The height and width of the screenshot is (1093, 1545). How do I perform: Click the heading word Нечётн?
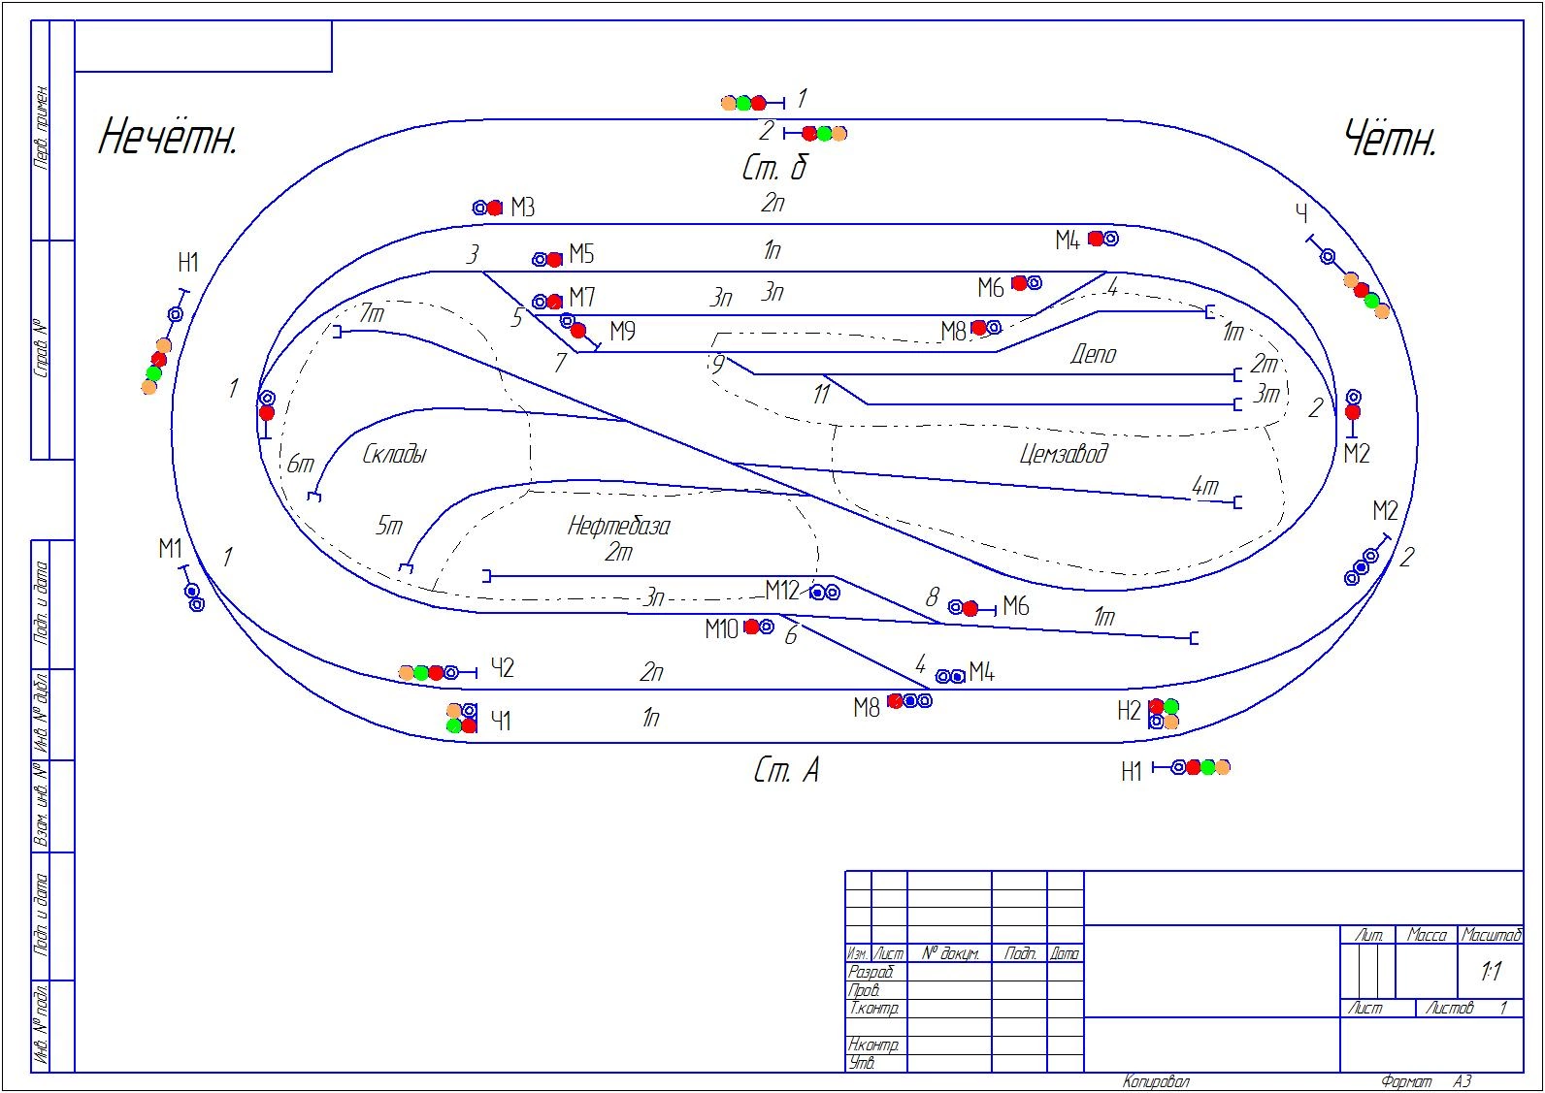[x=168, y=137]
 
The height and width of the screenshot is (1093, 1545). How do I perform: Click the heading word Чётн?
[x=1390, y=140]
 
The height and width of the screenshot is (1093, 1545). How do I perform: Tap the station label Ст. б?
[x=773, y=169]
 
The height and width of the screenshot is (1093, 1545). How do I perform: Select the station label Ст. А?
[x=785, y=770]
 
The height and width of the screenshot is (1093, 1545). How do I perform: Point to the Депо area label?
[x=1093, y=354]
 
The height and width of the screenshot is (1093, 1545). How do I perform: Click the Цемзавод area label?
[x=1064, y=453]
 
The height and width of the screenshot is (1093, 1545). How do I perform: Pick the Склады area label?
[x=394, y=454]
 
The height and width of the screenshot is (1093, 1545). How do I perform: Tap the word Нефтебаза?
[x=618, y=526]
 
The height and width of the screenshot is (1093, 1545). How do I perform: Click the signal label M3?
[x=522, y=207]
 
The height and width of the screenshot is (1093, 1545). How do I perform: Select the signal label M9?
[x=622, y=332]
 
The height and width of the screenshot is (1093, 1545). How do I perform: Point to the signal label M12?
[x=781, y=590]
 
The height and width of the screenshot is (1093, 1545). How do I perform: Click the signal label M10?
[x=721, y=629]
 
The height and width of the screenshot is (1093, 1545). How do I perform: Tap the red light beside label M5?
[x=554, y=259]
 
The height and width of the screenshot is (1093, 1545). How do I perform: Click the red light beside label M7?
[x=554, y=302]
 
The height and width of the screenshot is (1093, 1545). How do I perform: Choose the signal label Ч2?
[x=502, y=667]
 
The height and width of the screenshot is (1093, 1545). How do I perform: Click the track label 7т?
[x=372, y=313]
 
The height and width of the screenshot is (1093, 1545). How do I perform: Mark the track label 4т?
[x=1204, y=485]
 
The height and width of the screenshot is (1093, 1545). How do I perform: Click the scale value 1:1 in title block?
[x=1491, y=971]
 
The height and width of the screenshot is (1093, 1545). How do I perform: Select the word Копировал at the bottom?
[x=1155, y=1081]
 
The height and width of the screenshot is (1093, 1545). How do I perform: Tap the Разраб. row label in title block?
[x=871, y=971]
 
